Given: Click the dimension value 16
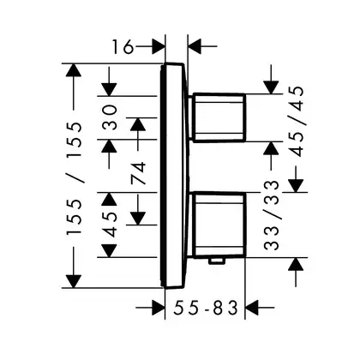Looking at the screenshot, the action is click(123, 47).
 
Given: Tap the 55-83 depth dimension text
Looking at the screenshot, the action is click(206, 308).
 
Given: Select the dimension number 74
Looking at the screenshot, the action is click(138, 173).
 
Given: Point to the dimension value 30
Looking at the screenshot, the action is click(110, 117).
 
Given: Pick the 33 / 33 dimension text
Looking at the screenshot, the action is click(271, 215).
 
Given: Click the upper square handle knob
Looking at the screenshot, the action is click(219, 117).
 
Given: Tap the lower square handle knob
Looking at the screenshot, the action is click(219, 225).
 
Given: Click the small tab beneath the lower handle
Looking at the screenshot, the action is click(217, 261).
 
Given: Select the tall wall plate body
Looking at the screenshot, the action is click(174, 176).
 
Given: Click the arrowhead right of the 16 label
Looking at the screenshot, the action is click(158, 45).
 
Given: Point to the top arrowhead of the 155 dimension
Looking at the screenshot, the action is click(74, 70).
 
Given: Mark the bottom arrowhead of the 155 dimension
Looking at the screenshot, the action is click(74, 281).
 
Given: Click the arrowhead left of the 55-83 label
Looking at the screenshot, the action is click(158, 308).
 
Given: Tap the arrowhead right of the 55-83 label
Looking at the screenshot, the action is click(252, 308).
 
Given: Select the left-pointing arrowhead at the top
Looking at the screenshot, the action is click(195, 45).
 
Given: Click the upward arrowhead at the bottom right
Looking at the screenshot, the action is click(295, 264).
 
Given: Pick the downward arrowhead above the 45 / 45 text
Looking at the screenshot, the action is click(271, 87).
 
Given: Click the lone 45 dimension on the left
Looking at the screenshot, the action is click(110, 225).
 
